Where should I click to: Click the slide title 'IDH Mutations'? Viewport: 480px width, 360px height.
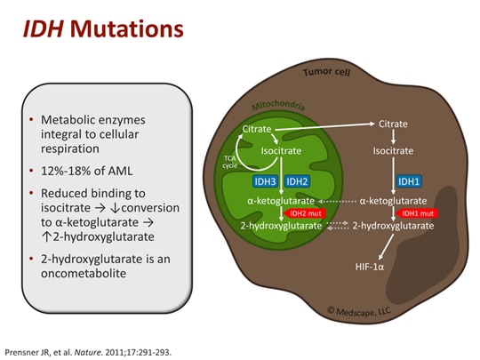[103, 28]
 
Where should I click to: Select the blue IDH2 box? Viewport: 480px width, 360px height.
[297, 181]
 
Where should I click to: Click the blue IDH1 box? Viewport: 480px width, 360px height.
[408, 181]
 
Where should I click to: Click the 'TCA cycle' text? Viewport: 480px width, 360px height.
[228, 161]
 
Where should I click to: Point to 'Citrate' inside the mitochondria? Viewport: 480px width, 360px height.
[258, 129]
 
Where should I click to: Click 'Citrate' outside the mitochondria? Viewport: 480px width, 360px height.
[394, 123]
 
